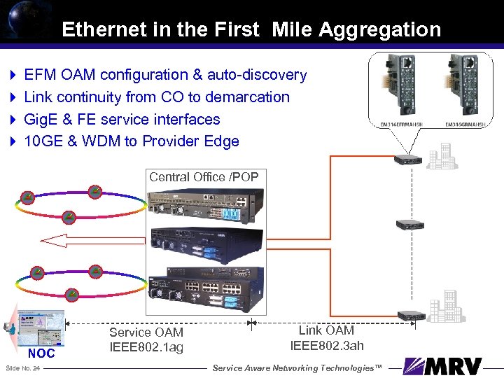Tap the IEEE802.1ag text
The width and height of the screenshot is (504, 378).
coord(146,346)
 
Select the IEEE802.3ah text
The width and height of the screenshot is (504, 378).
coord(327,344)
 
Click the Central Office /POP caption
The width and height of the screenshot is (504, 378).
coord(204,177)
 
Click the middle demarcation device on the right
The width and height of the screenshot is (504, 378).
coord(409,225)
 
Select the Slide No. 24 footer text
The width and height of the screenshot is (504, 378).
coord(22,367)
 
